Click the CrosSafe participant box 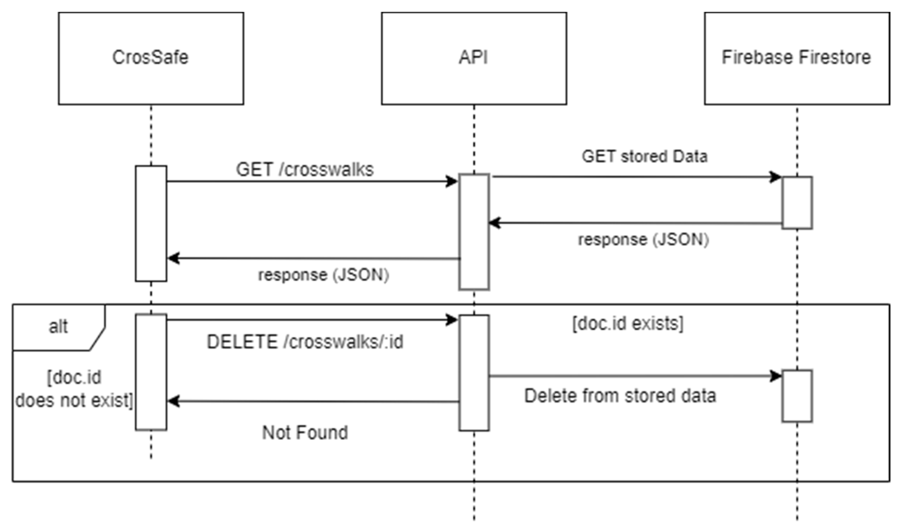tap(151, 58)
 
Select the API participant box tap(474, 58)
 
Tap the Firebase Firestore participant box tap(797, 58)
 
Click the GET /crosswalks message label tap(304, 169)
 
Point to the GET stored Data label tap(644, 157)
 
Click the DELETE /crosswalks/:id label tap(305, 342)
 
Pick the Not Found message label tap(305, 432)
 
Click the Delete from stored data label tap(620, 396)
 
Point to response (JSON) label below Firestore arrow tap(643, 240)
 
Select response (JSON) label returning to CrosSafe tap(323, 275)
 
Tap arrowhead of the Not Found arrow tap(173, 401)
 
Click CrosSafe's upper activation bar tap(151, 223)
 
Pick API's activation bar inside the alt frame tap(474, 372)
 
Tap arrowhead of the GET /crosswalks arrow tap(452, 181)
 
